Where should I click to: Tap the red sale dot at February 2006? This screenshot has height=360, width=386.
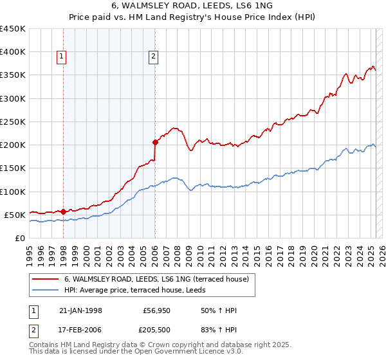coord(155,142)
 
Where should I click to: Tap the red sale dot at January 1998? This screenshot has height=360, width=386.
coord(64,211)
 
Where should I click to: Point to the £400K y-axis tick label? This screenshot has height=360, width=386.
coord(13,52)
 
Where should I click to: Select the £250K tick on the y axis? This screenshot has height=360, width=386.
coord(13,122)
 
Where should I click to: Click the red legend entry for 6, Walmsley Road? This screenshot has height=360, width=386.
coord(160,278)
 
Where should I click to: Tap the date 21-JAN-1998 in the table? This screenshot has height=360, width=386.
coord(80,310)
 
